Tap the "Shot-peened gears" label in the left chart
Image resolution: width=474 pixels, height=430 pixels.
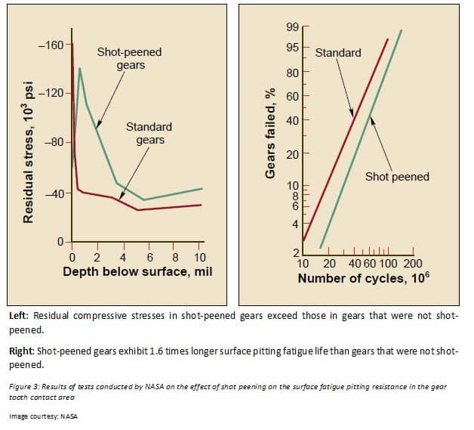coord(129,59)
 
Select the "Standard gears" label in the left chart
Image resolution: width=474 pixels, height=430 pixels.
coord(149,133)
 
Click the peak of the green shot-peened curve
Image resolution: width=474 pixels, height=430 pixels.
coord(80,68)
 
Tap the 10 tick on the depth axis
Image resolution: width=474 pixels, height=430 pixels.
coord(200,257)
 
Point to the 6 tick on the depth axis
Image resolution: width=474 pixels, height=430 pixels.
coord(149,257)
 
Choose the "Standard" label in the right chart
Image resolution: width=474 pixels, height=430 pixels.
coord(337,53)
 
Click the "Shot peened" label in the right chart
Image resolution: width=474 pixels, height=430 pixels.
coord(397,177)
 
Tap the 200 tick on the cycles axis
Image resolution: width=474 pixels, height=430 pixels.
coord(412,264)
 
